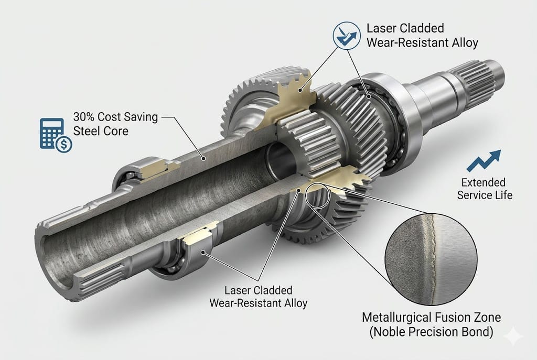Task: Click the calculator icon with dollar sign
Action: pos(55,135)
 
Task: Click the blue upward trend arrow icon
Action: pos(483,160)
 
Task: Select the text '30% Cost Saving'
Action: pos(115,116)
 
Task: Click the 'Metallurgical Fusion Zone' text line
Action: pos(432,317)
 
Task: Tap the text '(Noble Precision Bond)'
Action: pos(432,332)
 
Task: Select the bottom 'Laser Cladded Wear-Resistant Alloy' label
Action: pos(258,296)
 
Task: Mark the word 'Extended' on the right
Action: pos(483,182)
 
